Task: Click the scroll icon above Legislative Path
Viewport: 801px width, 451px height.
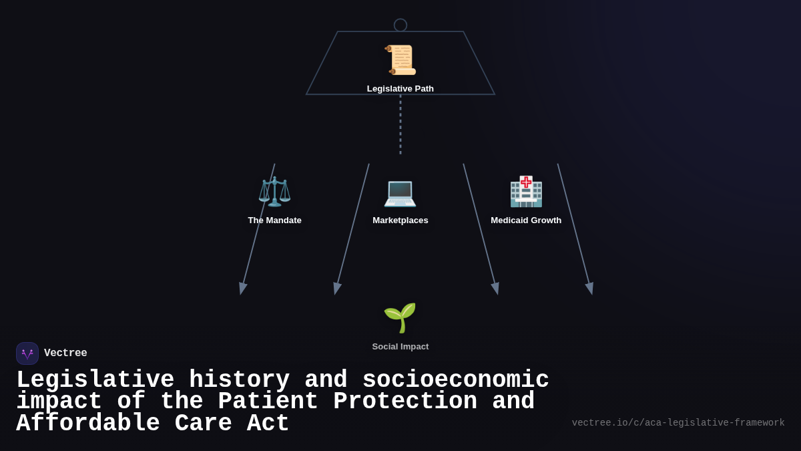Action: tap(400, 60)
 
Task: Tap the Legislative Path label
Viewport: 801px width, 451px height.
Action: tap(400, 89)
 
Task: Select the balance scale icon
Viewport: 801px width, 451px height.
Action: tap(274, 192)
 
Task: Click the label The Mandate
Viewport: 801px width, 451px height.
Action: tap(274, 220)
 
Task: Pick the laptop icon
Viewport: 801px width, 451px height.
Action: tap(400, 192)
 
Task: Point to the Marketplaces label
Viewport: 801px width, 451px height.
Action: tap(400, 220)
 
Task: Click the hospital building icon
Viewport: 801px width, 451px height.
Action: tap(526, 192)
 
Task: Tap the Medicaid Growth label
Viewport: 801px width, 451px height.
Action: tap(526, 220)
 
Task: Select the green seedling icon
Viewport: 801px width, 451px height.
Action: tap(400, 317)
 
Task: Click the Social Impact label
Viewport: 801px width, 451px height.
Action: tap(400, 347)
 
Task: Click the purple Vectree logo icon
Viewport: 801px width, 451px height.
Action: tap(27, 353)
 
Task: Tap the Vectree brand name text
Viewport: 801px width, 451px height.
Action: tap(65, 353)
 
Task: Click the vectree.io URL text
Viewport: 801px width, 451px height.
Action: tap(678, 423)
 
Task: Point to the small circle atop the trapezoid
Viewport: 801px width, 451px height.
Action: tap(400, 25)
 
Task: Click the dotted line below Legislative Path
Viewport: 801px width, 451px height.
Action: tap(400, 124)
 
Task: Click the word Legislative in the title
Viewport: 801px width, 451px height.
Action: tap(95, 380)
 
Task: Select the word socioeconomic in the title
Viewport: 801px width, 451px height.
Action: tap(455, 380)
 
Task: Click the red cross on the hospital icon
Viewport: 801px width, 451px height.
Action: tap(526, 182)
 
